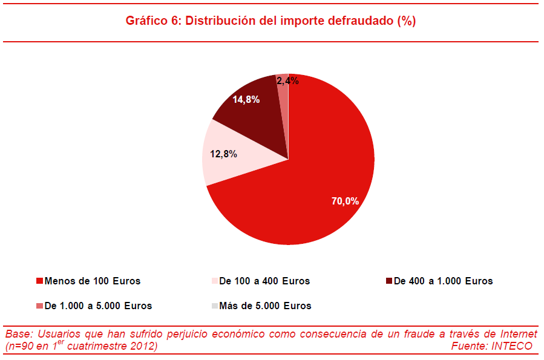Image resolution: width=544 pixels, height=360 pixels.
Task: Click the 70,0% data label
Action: pos(345,201)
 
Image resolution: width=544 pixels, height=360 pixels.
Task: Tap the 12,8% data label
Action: pos(223,154)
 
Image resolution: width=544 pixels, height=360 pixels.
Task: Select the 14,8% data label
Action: pos(246,100)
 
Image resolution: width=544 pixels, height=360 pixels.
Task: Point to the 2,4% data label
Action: pos(287,80)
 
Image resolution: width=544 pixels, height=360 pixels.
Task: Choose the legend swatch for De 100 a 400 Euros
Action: pos(214,281)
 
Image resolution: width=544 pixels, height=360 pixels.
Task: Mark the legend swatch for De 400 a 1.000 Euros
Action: pos(388,281)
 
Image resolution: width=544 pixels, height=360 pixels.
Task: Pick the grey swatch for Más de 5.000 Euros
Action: pos(214,306)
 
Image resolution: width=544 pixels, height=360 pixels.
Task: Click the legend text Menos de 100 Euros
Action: pos(92,281)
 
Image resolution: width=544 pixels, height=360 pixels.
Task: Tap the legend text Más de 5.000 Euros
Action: pos(265,306)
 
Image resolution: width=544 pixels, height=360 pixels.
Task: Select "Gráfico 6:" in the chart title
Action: pos(152,21)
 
